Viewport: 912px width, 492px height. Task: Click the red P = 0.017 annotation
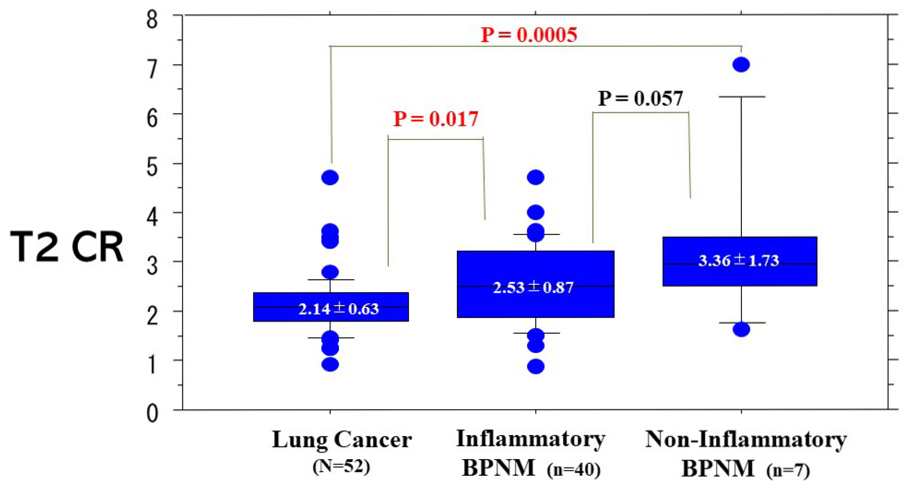point(436,119)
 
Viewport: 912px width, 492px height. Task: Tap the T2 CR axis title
point(67,247)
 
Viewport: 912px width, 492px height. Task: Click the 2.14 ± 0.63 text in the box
point(338,309)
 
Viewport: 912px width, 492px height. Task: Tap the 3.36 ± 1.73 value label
point(738,261)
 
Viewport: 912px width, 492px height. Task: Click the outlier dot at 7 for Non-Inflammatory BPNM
point(741,65)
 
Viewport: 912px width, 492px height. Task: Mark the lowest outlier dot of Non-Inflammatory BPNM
point(741,330)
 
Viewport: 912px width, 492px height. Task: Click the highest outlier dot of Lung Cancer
point(330,177)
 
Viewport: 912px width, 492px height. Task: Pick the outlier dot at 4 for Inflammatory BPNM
point(536,212)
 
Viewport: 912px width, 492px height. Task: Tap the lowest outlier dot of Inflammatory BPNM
point(536,367)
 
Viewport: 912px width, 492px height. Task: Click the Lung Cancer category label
point(342,440)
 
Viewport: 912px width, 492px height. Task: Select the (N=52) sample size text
point(341,467)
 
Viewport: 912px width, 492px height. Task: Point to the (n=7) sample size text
point(788,471)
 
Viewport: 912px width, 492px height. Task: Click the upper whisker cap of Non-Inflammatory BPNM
point(742,97)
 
